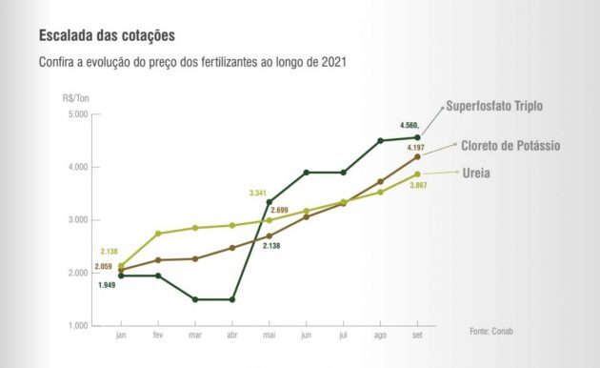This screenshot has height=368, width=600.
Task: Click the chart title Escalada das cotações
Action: [x=108, y=36]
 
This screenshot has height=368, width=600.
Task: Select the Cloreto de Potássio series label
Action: [x=510, y=145]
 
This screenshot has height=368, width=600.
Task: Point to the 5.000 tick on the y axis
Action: [x=76, y=114]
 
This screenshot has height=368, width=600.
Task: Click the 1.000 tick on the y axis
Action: [x=76, y=326]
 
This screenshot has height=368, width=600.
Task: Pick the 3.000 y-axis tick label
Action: [x=76, y=220]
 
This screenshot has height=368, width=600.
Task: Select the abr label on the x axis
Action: [x=232, y=336]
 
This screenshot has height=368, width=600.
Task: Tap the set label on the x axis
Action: [x=417, y=336]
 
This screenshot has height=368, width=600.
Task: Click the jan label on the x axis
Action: [x=121, y=336]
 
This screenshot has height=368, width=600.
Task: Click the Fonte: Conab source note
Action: [x=491, y=331]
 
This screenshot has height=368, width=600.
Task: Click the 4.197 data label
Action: [x=415, y=148]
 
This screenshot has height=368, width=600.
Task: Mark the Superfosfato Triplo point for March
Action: [x=195, y=299]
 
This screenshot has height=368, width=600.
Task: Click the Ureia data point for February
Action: [x=158, y=234]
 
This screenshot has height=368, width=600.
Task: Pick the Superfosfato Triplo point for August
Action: [x=380, y=141]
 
